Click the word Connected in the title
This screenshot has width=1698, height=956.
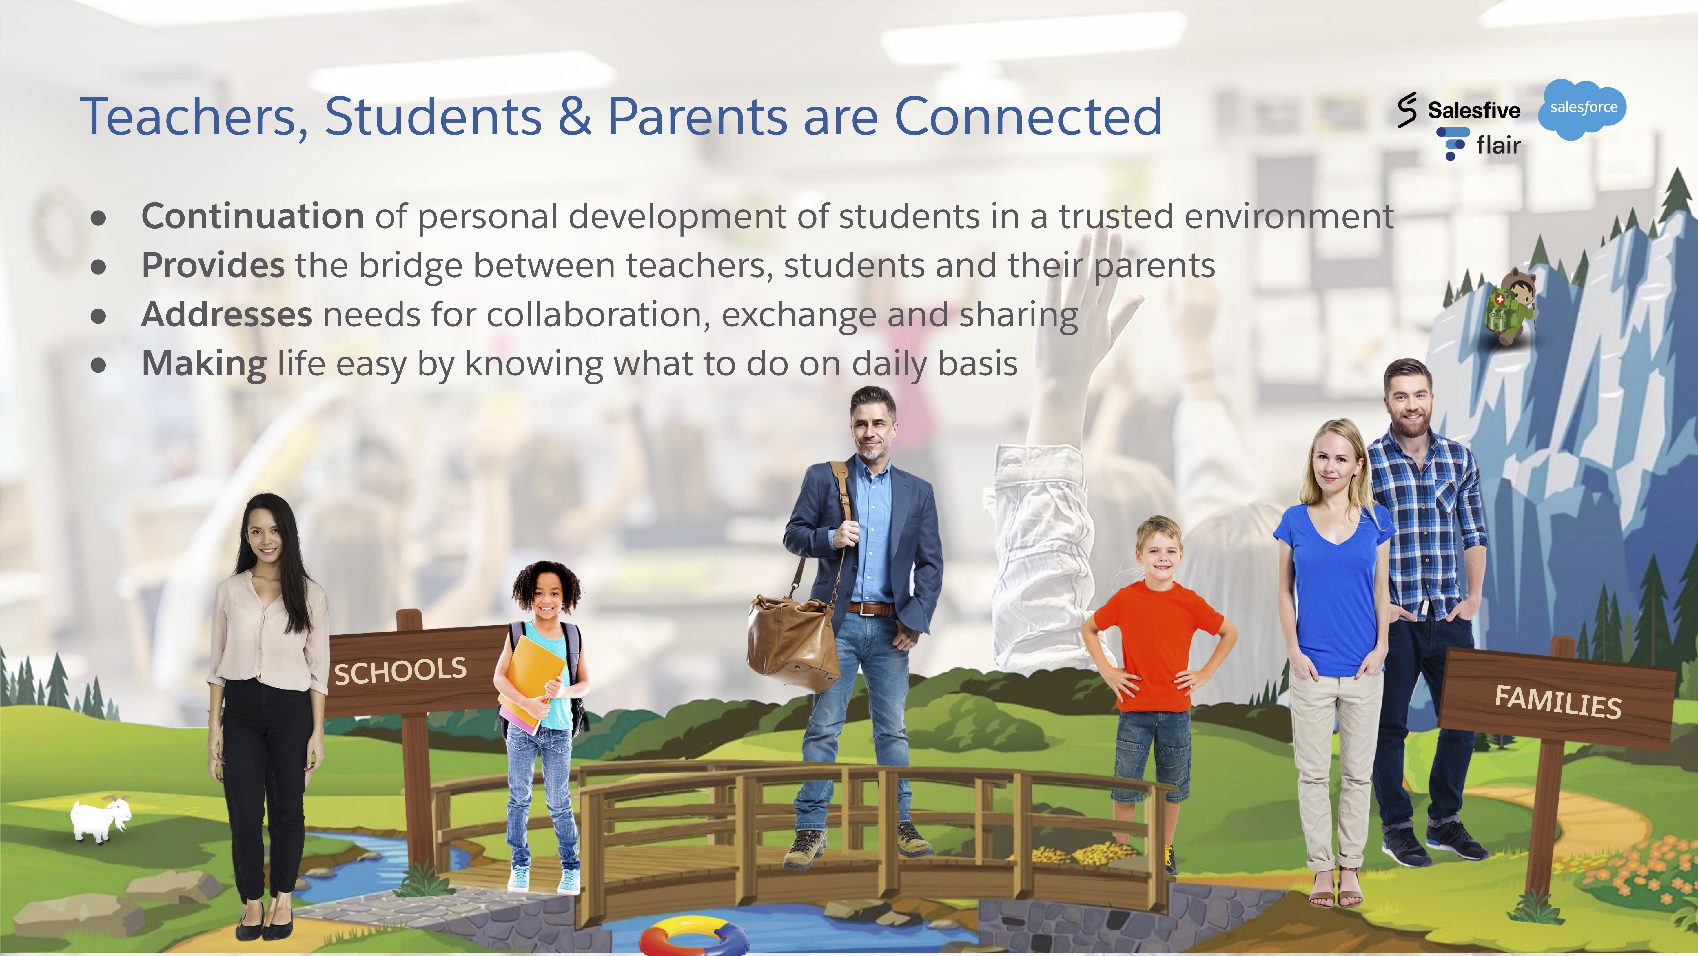[1027, 117]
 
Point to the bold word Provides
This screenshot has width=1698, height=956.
[213, 266]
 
